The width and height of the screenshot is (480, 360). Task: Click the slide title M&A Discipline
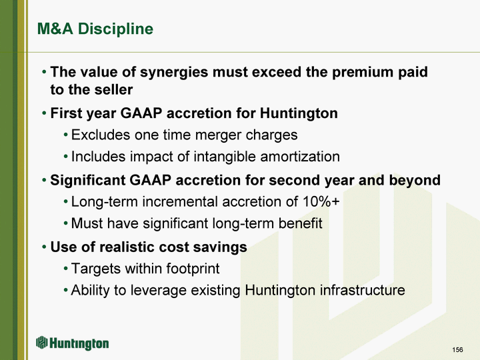95,29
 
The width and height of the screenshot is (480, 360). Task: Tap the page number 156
457,349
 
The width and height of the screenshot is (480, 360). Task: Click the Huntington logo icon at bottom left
42,343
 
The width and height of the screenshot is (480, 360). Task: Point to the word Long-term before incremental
105,202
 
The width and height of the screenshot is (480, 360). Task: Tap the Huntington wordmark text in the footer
79,343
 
